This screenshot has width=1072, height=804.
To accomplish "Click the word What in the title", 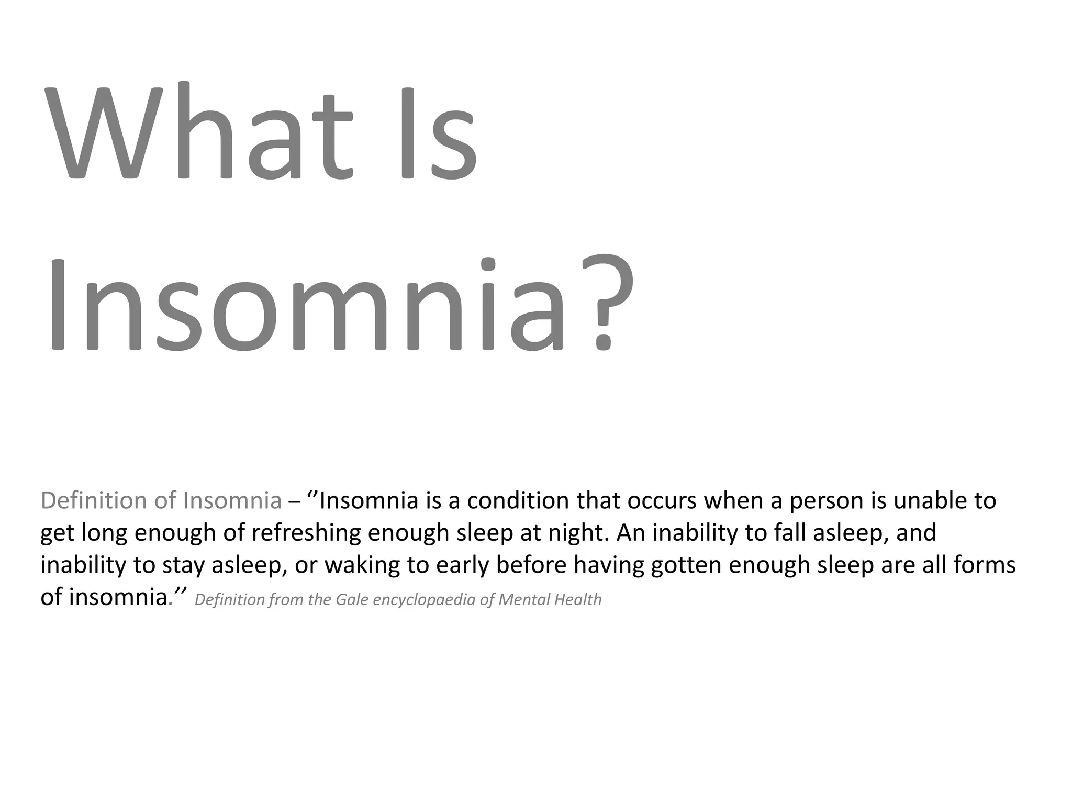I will (199, 133).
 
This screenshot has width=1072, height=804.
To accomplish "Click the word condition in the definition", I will (518, 500).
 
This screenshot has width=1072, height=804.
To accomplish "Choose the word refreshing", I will (306, 533).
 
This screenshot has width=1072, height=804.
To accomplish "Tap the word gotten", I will (686, 565).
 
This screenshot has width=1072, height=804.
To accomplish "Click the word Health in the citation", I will (578, 599).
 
